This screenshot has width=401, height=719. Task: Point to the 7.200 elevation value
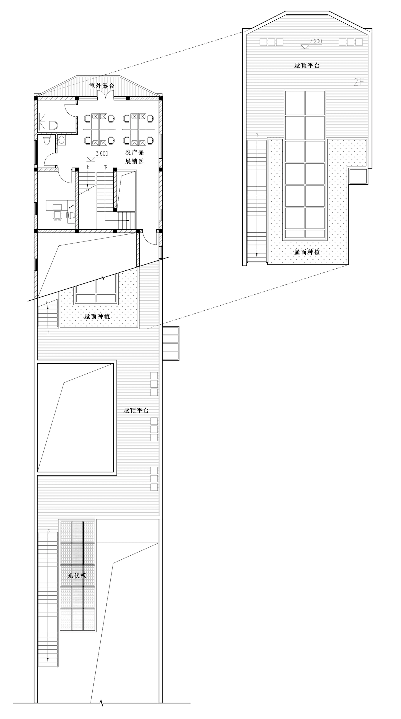(316, 41)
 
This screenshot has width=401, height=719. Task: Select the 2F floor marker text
(359, 82)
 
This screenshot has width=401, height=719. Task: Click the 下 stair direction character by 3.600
(105, 167)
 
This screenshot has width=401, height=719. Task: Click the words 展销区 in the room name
(134, 161)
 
